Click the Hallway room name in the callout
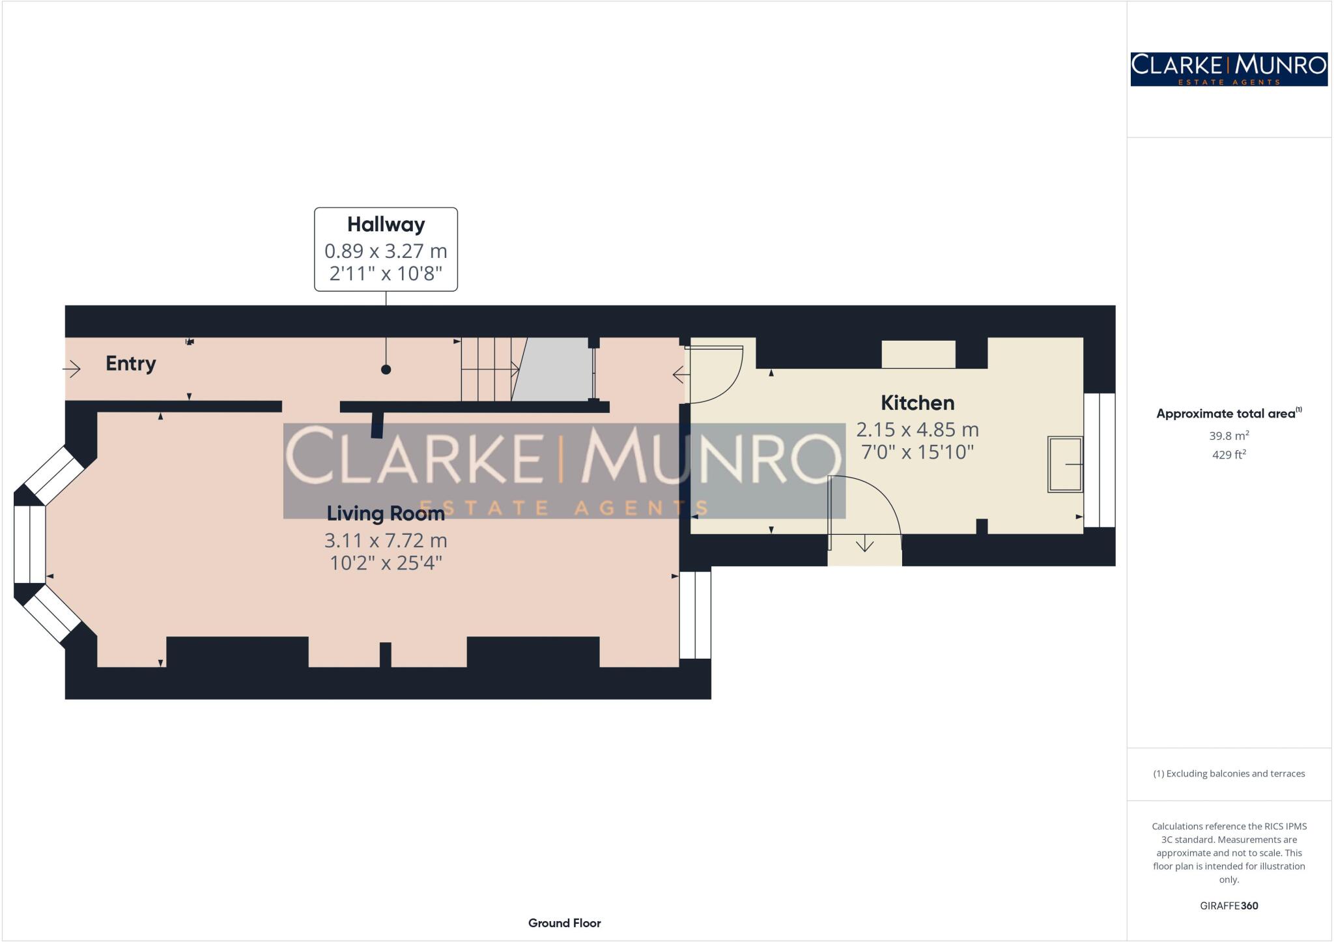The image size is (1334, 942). pyautogui.click(x=386, y=225)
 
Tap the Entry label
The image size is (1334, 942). pyautogui.click(x=131, y=364)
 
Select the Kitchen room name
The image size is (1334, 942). pyautogui.click(x=917, y=403)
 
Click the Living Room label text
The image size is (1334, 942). pyautogui.click(x=386, y=514)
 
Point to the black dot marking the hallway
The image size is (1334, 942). pyautogui.click(x=386, y=369)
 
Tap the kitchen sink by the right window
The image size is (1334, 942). pyautogui.click(x=1064, y=464)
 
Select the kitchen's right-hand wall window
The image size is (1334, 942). pyautogui.click(x=1100, y=460)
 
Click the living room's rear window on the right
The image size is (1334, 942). pyautogui.click(x=695, y=615)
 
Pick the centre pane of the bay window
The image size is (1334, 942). pyautogui.click(x=30, y=544)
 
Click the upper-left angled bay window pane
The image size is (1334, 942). pyautogui.click(x=54, y=476)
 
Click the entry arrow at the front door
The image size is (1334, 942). pyautogui.click(x=72, y=369)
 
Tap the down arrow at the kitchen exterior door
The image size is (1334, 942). pyautogui.click(x=864, y=543)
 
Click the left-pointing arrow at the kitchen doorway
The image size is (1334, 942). pyautogui.click(x=680, y=375)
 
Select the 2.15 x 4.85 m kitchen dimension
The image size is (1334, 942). pyautogui.click(x=917, y=430)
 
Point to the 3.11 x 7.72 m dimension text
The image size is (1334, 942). pyautogui.click(x=386, y=541)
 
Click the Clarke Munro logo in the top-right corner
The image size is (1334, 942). pyautogui.click(x=1228, y=69)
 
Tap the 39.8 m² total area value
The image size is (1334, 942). pyautogui.click(x=1228, y=436)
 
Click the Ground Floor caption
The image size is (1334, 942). pyautogui.click(x=564, y=923)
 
